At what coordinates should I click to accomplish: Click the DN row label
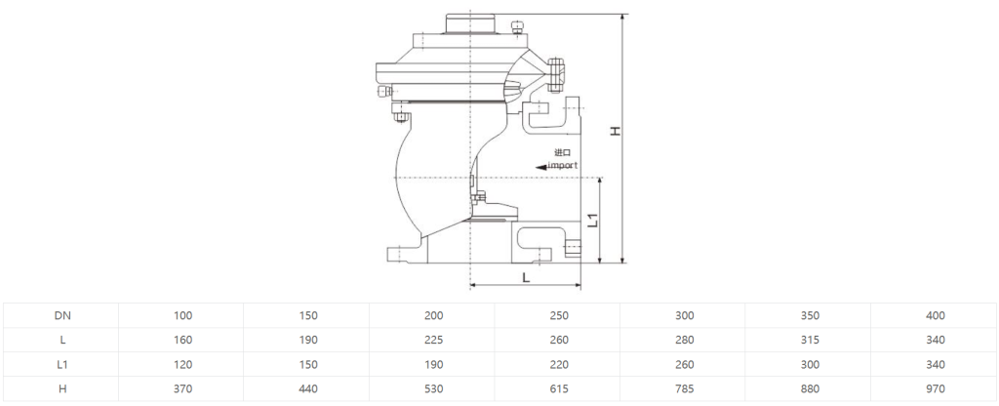62,315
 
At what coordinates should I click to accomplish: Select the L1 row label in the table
62,365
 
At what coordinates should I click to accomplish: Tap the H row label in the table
62,388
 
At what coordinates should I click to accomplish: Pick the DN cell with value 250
559,315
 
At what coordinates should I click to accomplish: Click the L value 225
433,340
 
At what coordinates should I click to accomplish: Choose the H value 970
936,388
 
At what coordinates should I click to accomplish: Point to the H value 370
182,388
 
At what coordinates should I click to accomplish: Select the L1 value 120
182,365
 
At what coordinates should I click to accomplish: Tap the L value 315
810,340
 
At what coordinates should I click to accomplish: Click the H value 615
559,388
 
